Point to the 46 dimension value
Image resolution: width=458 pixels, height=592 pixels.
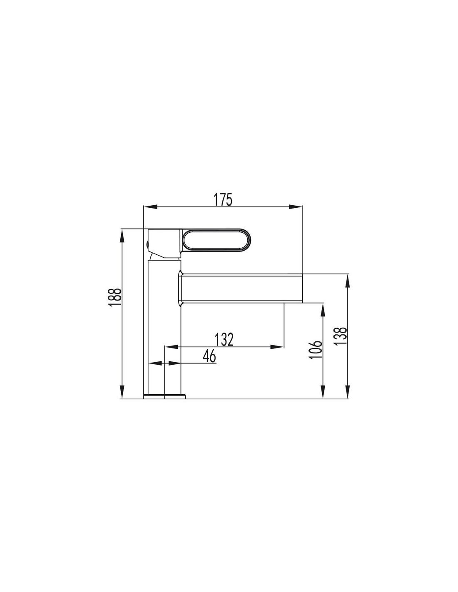209,356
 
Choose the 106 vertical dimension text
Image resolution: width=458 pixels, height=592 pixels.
316,350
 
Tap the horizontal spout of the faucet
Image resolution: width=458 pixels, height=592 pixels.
241,288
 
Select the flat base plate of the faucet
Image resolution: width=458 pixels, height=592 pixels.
164,396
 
